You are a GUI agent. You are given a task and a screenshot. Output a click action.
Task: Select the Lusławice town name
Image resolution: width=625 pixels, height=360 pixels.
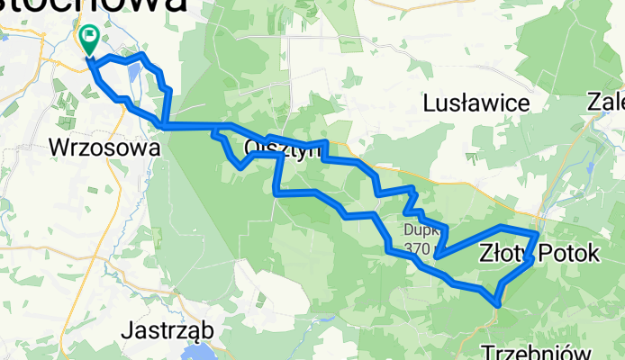click(x=476, y=103)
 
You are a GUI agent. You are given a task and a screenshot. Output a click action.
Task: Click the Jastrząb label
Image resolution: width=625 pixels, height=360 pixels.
click(x=169, y=330)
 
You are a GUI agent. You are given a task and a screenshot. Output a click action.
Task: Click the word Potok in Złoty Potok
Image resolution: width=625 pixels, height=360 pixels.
click(x=567, y=254)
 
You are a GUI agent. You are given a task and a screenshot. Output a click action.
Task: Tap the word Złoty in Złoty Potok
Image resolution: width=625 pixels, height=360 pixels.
click(x=502, y=254)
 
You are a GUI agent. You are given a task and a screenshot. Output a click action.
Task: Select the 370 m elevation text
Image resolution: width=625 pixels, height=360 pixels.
click(x=421, y=247)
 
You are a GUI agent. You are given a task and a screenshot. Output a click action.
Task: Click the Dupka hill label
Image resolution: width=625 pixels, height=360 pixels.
click(x=421, y=229)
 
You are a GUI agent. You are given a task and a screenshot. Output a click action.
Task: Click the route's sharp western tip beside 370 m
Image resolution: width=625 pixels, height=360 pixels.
click(x=436, y=257)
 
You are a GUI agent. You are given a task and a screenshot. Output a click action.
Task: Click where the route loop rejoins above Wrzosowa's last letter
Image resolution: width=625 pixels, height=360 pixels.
click(x=163, y=125)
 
